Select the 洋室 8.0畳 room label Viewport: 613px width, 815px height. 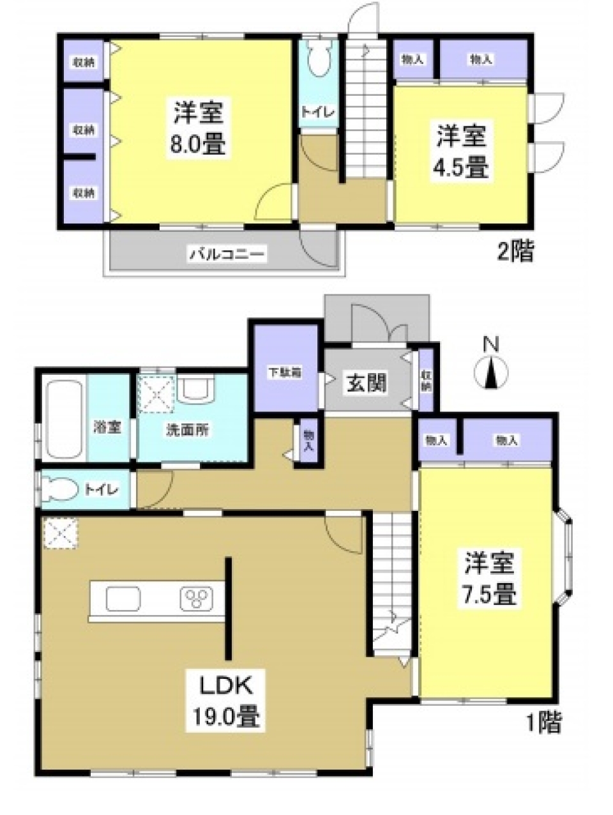pos(199,128)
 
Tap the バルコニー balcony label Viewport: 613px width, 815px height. pos(226,255)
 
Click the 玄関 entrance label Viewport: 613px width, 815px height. pos(367,383)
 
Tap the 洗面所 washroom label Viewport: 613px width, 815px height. pos(187,430)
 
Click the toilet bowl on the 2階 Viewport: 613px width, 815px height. pos(317,64)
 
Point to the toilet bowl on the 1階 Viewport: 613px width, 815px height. pos(61,491)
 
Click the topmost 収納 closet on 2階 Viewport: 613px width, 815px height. pos(84,62)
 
